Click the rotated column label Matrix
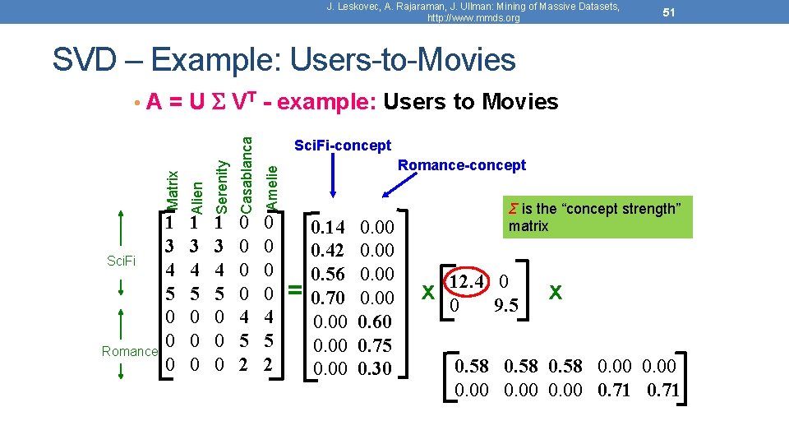172,190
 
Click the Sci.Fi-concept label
343,146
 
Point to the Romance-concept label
462,165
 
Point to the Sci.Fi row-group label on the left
122,261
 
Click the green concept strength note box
598,216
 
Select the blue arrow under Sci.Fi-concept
334,177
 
